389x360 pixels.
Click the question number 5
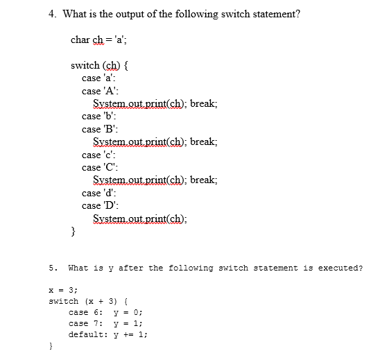tap(52, 268)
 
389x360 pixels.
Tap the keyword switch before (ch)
tap(85, 66)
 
